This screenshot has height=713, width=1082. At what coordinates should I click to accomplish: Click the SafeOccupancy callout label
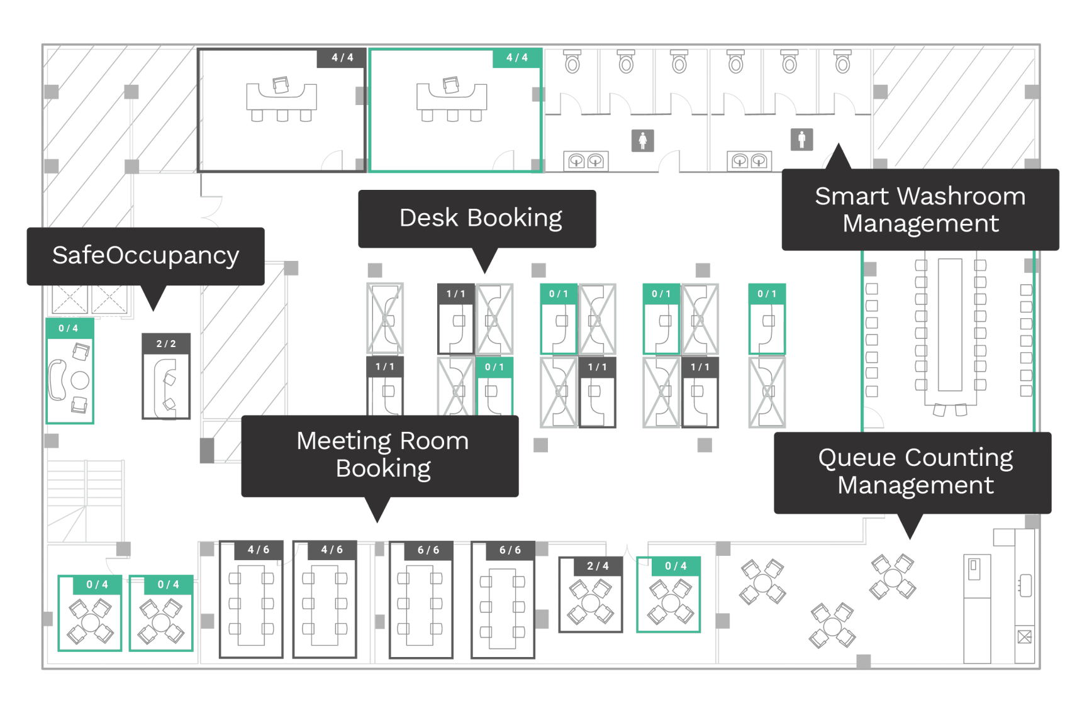tap(145, 256)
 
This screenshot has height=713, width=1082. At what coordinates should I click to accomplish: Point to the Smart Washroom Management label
tap(920, 209)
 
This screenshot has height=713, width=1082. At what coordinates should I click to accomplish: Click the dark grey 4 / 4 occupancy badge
tap(342, 58)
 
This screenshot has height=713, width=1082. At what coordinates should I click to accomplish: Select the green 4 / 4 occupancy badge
tap(516, 58)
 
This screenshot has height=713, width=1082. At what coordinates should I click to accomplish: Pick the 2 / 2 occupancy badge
tap(166, 344)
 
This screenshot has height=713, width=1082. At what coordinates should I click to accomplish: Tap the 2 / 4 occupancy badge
tap(598, 566)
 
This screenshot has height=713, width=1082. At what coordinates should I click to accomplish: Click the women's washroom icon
tap(642, 140)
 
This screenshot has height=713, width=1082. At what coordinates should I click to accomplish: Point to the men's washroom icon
tap(801, 139)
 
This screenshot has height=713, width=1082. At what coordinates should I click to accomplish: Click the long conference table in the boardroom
tap(949, 324)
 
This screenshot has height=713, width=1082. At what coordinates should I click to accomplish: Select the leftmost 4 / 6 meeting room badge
tap(258, 550)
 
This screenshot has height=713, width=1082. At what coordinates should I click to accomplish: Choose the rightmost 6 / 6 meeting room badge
tap(510, 550)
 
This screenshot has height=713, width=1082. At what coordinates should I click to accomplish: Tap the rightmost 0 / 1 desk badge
tap(766, 294)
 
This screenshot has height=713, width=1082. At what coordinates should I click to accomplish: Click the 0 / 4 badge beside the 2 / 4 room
tap(676, 566)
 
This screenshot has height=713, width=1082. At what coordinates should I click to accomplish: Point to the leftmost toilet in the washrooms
tap(572, 62)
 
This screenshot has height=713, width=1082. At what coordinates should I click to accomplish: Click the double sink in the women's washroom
tap(586, 162)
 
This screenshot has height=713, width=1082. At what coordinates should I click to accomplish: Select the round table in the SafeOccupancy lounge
tap(80, 380)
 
